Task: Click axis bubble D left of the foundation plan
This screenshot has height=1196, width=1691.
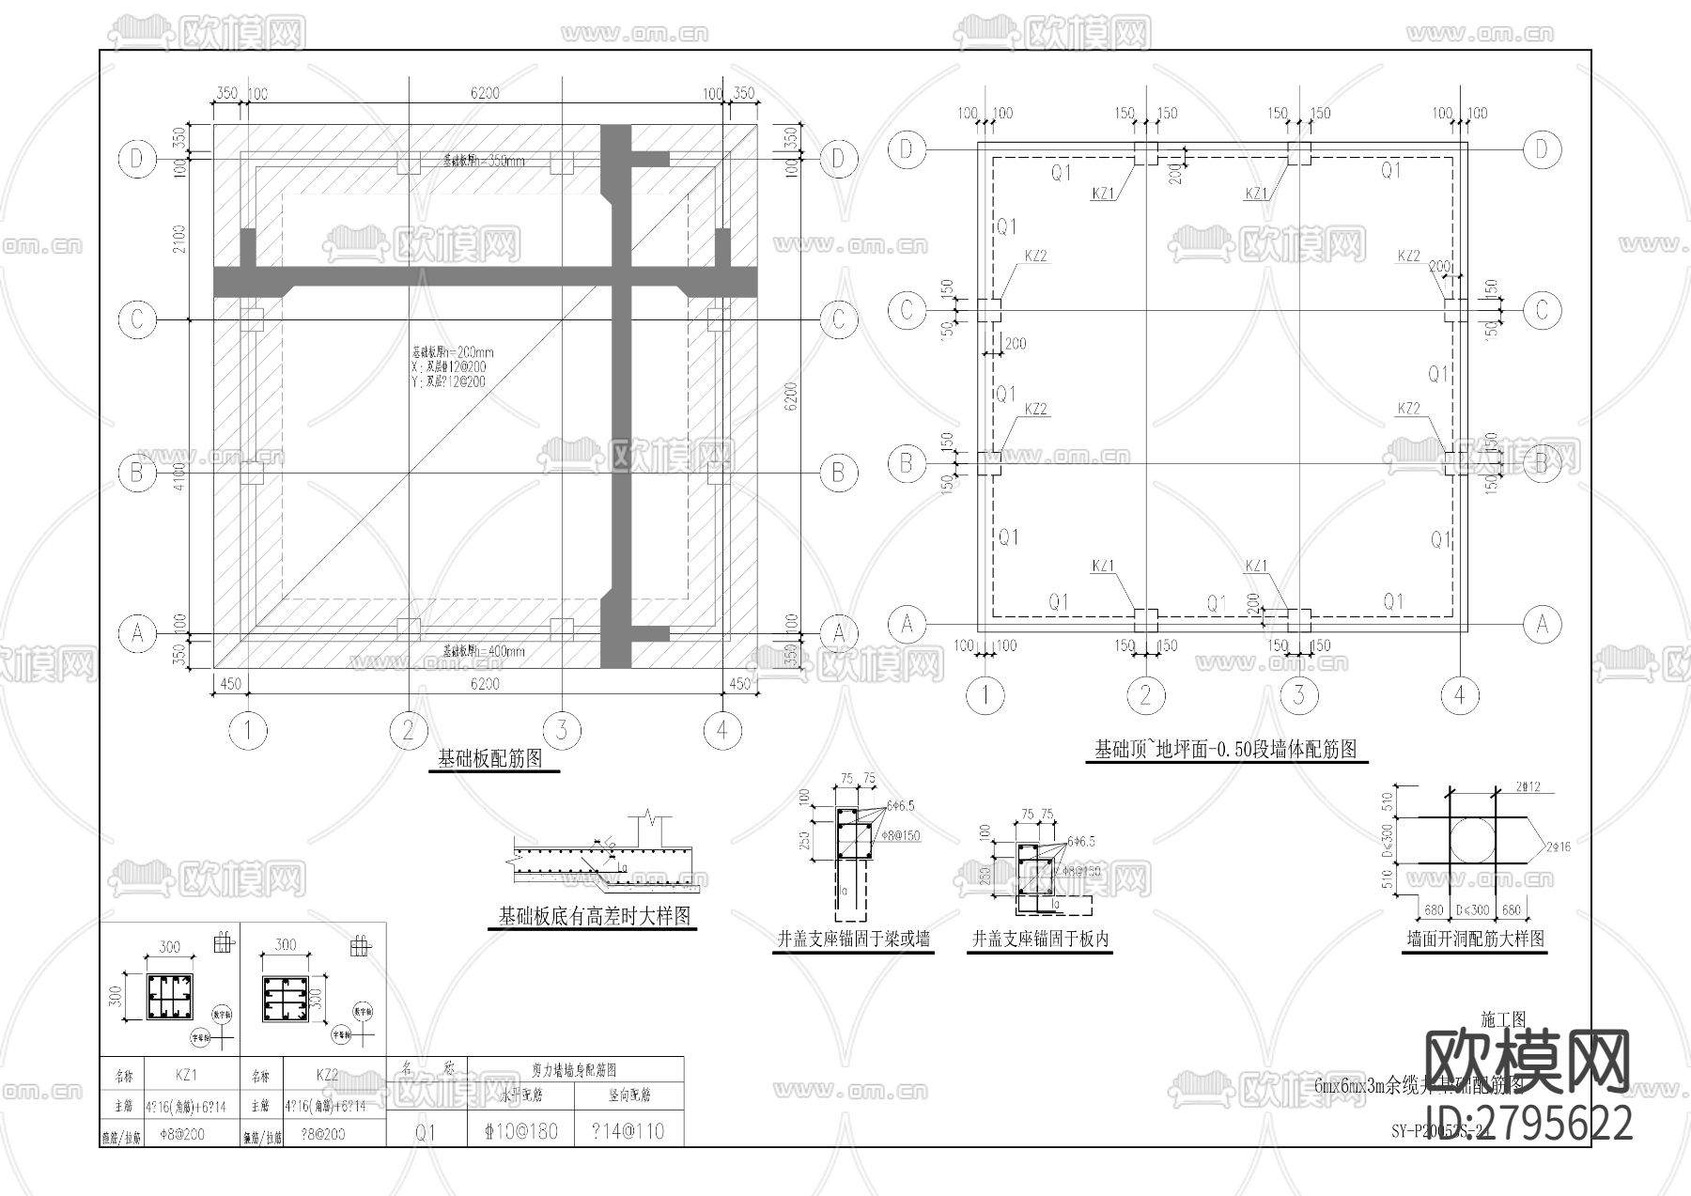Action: (x=137, y=159)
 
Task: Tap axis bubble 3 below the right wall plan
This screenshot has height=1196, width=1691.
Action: (x=1299, y=695)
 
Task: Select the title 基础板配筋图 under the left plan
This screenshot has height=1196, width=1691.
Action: (x=490, y=759)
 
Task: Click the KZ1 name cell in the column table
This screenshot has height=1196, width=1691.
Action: (x=186, y=1075)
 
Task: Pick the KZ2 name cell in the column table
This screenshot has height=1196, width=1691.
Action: (x=327, y=1075)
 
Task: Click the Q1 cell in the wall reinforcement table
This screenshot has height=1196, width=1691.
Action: (x=426, y=1132)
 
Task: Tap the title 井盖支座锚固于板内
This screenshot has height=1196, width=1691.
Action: (x=1040, y=939)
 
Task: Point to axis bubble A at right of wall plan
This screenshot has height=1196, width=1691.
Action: (x=1542, y=624)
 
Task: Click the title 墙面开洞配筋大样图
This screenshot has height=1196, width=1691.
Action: (x=1475, y=939)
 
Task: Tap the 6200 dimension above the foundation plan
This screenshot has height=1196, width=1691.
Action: (x=485, y=93)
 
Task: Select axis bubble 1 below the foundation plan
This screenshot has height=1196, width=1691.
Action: (x=248, y=730)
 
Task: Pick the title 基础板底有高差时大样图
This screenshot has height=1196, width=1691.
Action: (x=595, y=916)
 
